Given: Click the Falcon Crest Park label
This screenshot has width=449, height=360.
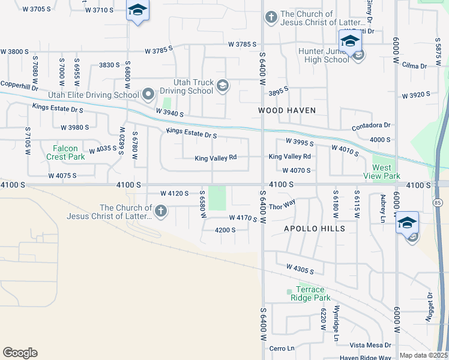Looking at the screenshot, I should pos(65,152).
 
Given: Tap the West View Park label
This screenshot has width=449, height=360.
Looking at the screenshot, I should pos(382,172).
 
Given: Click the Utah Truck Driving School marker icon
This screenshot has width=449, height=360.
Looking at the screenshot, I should pos(223,85).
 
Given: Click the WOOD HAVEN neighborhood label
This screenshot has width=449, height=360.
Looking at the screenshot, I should pos(286,110).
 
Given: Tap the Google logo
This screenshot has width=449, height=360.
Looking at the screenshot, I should pos(20,353).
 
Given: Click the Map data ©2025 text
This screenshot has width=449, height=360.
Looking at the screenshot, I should pos(423,355).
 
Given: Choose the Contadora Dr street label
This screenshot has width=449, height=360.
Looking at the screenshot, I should pos(371,125).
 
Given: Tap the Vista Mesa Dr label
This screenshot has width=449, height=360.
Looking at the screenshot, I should pos(370,345).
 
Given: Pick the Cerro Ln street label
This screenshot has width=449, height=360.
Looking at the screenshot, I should pos(282,348).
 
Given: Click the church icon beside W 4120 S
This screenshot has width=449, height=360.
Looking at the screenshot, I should pos(160,211).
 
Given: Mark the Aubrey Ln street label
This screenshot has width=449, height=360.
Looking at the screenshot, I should pos(382,207).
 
